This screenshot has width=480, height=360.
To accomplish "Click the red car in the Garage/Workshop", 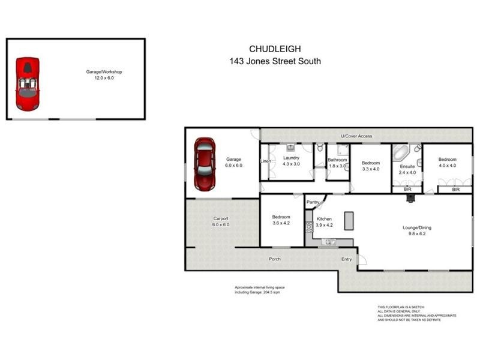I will [x=28, y=84].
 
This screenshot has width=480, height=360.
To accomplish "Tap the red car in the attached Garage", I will [x=204, y=164].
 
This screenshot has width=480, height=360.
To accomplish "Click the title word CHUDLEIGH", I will [x=275, y=49].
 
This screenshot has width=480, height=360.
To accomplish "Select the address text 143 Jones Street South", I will [x=275, y=61].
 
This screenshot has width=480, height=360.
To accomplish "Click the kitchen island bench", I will [x=348, y=222].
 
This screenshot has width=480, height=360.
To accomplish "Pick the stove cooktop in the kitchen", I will [x=309, y=227].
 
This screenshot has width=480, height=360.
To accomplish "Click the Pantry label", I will [x=313, y=203].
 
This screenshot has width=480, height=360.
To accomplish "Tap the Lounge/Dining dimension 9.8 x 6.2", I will [x=416, y=235].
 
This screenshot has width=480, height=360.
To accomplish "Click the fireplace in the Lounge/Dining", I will [x=411, y=198].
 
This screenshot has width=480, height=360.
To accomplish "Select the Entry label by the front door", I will [x=347, y=259].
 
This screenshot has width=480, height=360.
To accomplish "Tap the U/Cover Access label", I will [x=356, y=136].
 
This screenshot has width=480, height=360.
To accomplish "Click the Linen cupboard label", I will [x=265, y=161].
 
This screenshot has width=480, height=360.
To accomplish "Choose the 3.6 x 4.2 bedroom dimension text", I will [x=281, y=224].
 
